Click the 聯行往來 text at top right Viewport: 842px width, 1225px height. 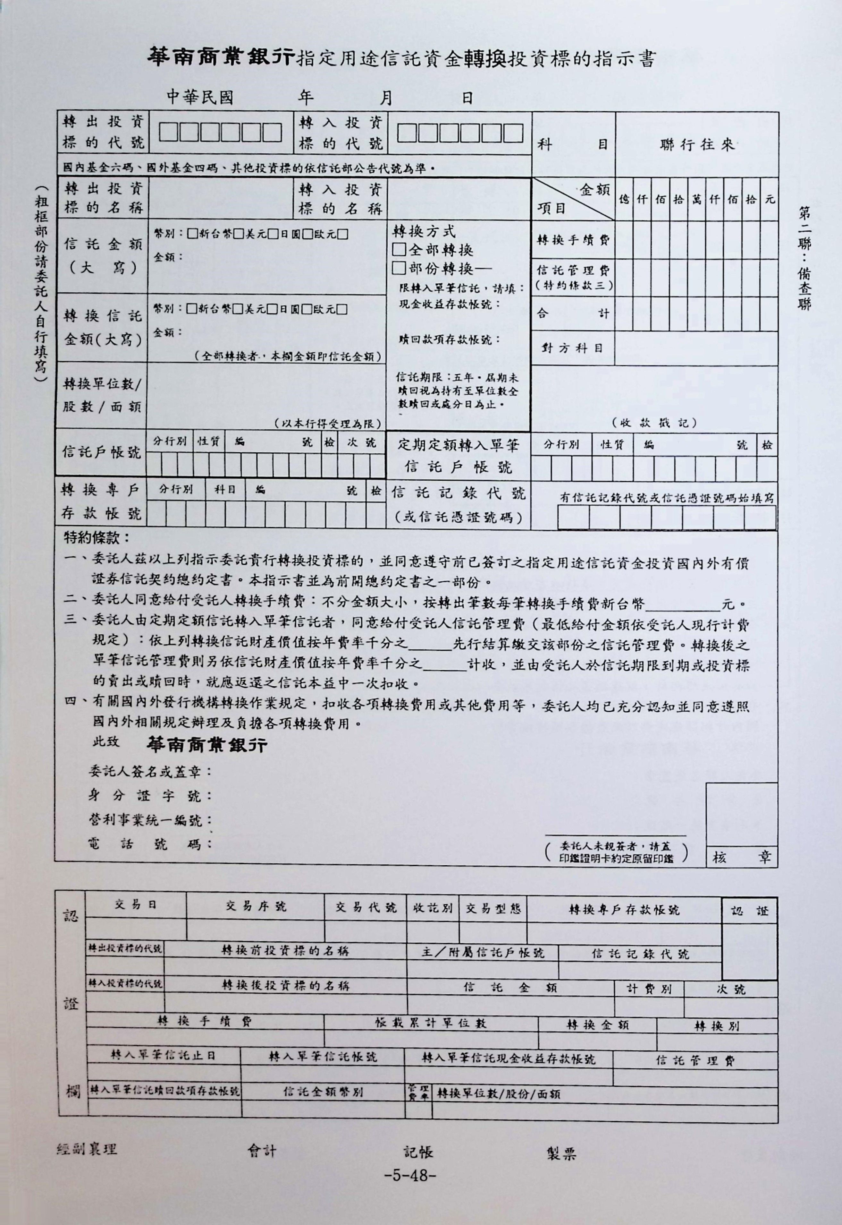pos(697,145)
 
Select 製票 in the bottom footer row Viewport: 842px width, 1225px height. pos(561,1153)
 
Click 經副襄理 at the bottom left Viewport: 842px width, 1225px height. pos(87,1148)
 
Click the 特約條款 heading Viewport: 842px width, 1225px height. pos(97,538)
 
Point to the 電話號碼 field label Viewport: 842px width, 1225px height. pos(150,844)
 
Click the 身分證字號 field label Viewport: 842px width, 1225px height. pos(150,796)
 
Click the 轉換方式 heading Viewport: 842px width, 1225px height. pos(424,231)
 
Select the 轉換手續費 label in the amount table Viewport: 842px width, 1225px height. pos(573,240)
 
